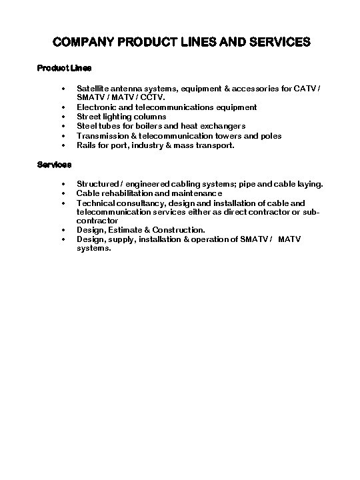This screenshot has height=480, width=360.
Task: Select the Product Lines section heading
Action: point(64,68)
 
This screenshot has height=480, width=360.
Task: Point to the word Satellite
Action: point(93,88)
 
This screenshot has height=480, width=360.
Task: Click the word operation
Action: point(203,239)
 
